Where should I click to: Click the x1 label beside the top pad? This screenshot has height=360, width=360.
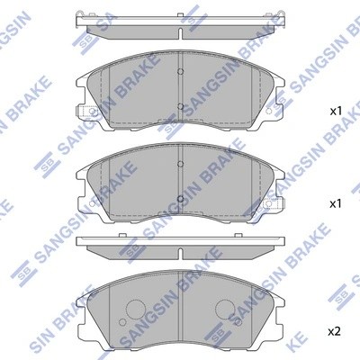[x=335, y=112]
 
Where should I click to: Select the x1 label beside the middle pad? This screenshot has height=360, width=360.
[x=335, y=203]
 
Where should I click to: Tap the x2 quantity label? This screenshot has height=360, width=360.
[x=335, y=332]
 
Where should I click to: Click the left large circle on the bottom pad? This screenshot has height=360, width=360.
[x=136, y=311]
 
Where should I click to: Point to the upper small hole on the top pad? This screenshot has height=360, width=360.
[x=181, y=75]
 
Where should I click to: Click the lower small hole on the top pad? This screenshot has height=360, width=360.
[x=181, y=107]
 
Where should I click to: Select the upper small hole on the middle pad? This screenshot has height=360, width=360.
[x=181, y=165]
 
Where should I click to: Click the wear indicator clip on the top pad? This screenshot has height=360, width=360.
[x=87, y=113]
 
